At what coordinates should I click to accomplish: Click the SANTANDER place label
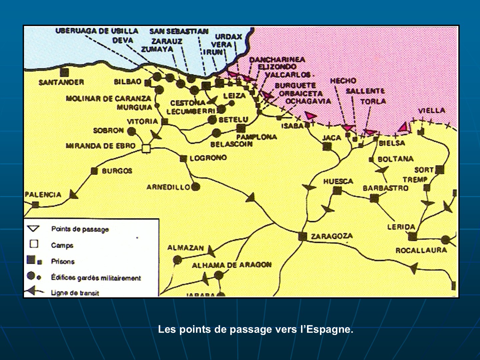pyautogui.click(x=61, y=82)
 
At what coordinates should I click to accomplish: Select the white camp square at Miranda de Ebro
pyautogui.click(x=146, y=148)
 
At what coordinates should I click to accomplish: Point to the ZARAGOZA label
pyautogui.click(x=332, y=236)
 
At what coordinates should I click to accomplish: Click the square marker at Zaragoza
pyautogui.click(x=302, y=236)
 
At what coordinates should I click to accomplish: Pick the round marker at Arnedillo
pyautogui.click(x=196, y=187)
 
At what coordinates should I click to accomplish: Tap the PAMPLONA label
pyautogui.click(x=256, y=137)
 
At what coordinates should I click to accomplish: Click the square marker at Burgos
pyautogui.click(x=94, y=171)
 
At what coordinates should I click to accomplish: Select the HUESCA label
pyautogui.click(x=338, y=181)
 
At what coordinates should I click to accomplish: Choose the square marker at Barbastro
pyautogui.click(x=374, y=198)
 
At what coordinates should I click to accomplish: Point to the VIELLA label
pyautogui.click(x=431, y=110)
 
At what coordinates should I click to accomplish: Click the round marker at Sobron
pyautogui.click(x=131, y=131)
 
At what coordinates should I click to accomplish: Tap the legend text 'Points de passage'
pyautogui.click(x=80, y=229)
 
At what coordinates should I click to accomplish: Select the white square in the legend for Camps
pyautogui.click(x=34, y=244)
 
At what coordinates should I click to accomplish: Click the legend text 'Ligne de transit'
pyautogui.click(x=75, y=293)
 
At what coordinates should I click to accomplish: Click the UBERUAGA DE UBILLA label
pyautogui.click(x=97, y=31)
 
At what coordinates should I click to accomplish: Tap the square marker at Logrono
pyautogui.click(x=183, y=159)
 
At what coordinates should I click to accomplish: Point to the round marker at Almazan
pyautogui.click(x=178, y=259)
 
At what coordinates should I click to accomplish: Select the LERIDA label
pyautogui.click(x=401, y=227)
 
